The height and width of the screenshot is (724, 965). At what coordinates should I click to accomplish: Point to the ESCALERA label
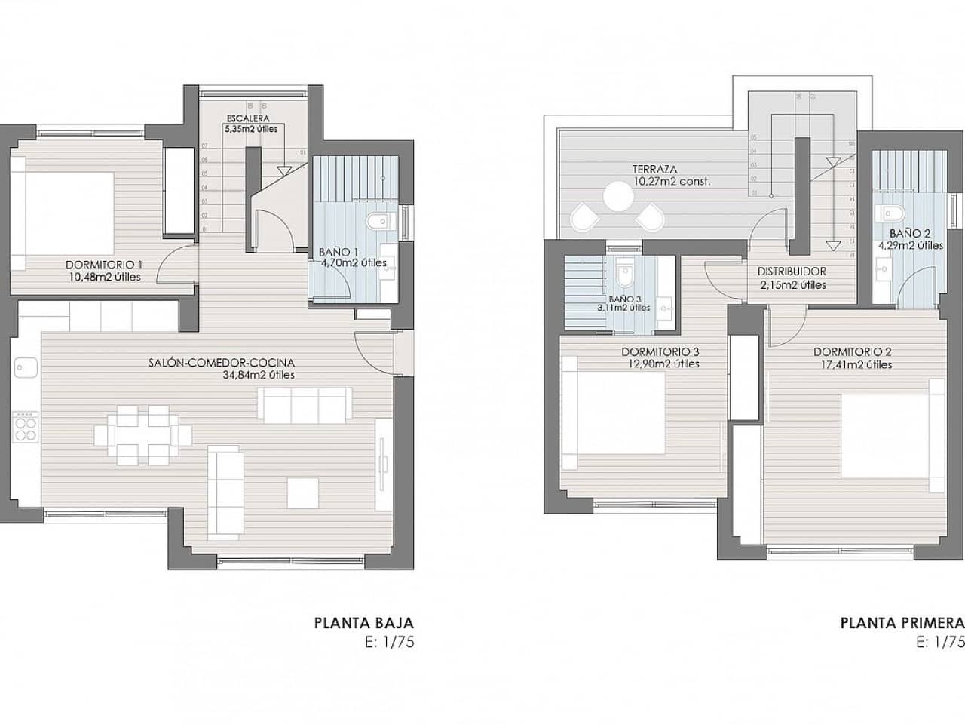click(x=250, y=118)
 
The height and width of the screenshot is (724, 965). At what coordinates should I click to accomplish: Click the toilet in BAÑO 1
click(x=378, y=221)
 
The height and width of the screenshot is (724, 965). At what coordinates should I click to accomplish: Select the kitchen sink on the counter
click(x=26, y=367)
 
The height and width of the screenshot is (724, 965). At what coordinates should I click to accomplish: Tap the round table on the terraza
click(x=618, y=198)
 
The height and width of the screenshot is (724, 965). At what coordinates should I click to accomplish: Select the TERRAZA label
click(x=655, y=170)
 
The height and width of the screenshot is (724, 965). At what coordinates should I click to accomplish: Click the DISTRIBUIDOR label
click(x=792, y=271)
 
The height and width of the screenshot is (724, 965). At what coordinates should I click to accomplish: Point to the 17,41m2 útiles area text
click(x=853, y=364)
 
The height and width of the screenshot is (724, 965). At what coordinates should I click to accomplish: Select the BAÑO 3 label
click(x=624, y=298)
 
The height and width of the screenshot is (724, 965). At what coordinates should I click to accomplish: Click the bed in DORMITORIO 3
click(x=612, y=413)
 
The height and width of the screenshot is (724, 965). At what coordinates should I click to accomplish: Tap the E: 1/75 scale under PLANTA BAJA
click(x=389, y=643)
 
